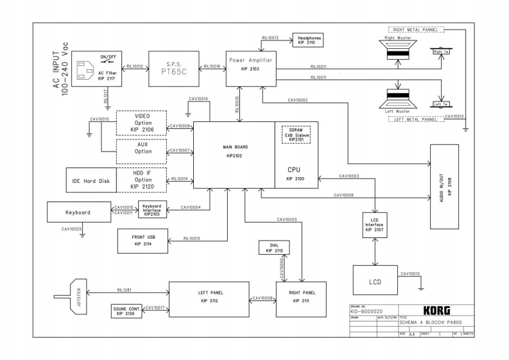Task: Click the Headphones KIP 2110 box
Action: (x=309, y=40)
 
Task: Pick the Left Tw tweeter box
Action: (x=441, y=104)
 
